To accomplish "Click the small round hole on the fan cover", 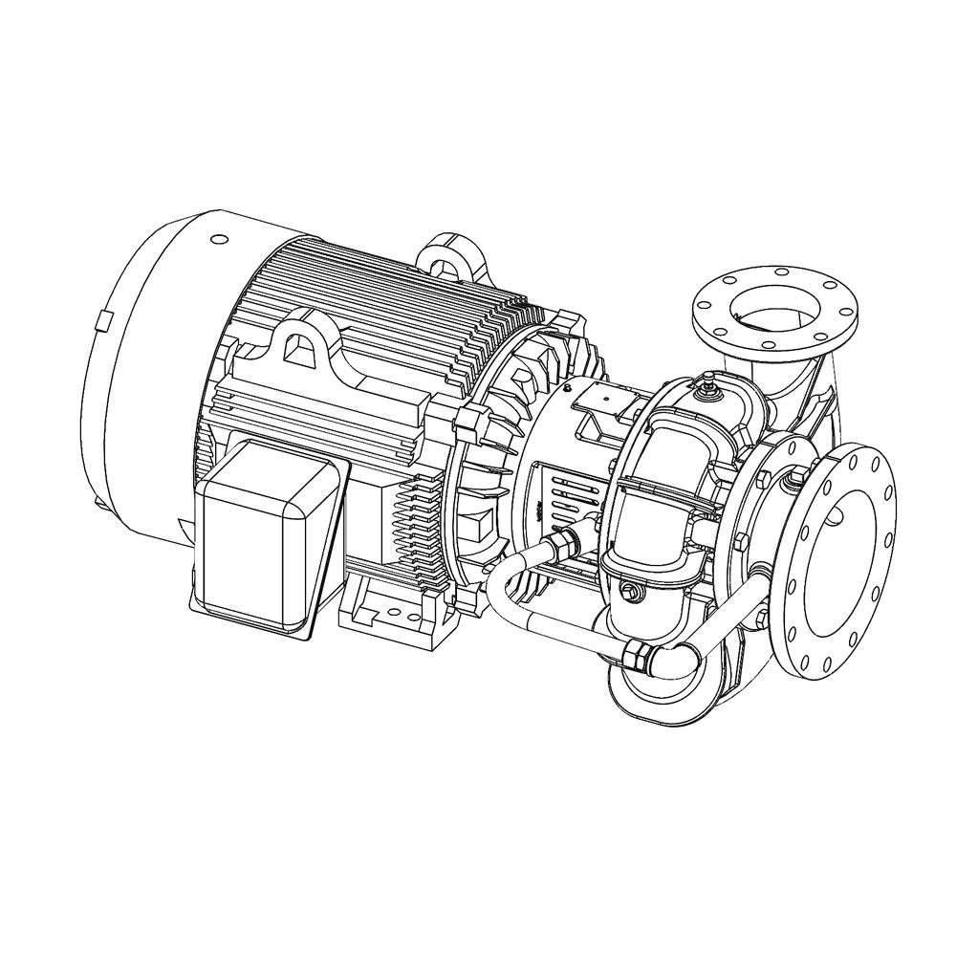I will click(217, 238).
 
